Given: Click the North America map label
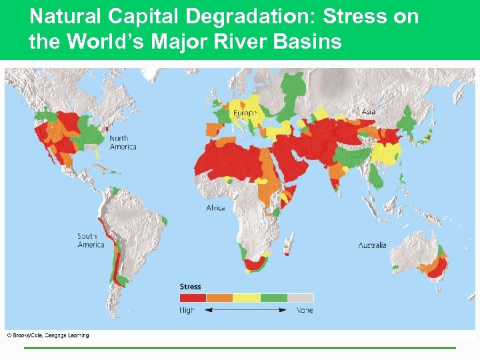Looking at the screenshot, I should click(x=123, y=143).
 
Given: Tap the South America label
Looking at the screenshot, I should click(x=91, y=241).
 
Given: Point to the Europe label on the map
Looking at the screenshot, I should click(x=245, y=113).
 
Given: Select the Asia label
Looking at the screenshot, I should click(x=369, y=111).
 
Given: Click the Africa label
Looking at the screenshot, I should click(x=215, y=208).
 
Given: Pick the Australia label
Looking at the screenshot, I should click(x=372, y=245).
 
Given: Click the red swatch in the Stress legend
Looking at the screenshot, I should click(x=193, y=298).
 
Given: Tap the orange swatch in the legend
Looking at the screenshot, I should click(x=219, y=298).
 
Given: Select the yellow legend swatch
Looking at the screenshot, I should click(x=246, y=298).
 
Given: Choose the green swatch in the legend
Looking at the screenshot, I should click(x=273, y=298).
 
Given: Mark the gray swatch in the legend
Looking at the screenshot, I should click(x=300, y=298).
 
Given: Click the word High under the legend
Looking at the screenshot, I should click(x=187, y=310).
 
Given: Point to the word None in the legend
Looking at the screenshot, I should click(x=305, y=310).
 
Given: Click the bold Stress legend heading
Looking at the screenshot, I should click(x=190, y=287).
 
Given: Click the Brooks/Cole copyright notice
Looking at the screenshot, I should click(x=47, y=335).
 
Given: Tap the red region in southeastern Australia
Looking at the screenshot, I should click(x=438, y=267).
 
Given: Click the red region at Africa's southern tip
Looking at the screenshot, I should click(x=253, y=265).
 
